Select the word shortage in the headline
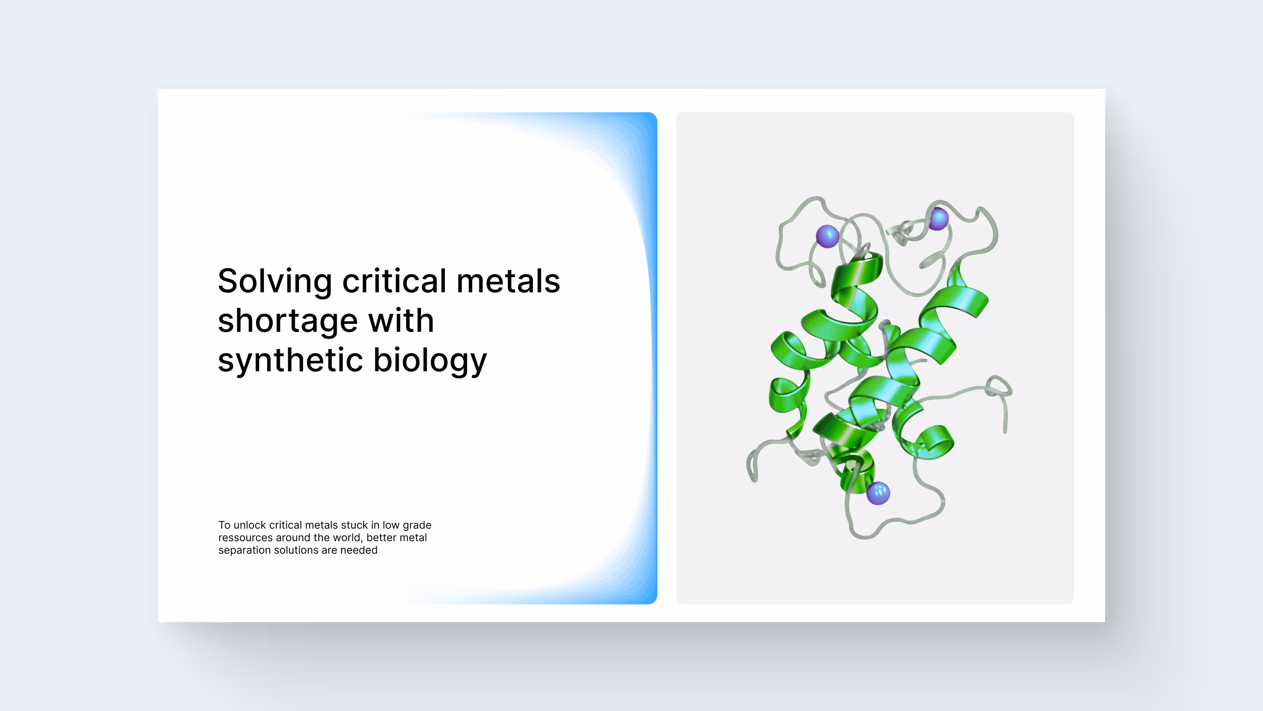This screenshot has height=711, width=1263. click(x=287, y=321)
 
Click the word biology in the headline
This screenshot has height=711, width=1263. click(x=430, y=361)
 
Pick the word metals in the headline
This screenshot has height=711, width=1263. click(x=508, y=282)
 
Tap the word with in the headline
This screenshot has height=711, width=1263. click(x=401, y=321)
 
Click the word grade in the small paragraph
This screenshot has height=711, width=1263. click(x=417, y=525)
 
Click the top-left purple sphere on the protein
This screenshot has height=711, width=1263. click(x=827, y=237)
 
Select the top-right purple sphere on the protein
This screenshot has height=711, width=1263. click(x=939, y=219)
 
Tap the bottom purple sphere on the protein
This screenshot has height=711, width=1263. click(x=878, y=492)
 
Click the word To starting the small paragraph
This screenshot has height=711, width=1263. click(x=224, y=525)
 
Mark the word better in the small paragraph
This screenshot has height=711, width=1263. click(x=381, y=538)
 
